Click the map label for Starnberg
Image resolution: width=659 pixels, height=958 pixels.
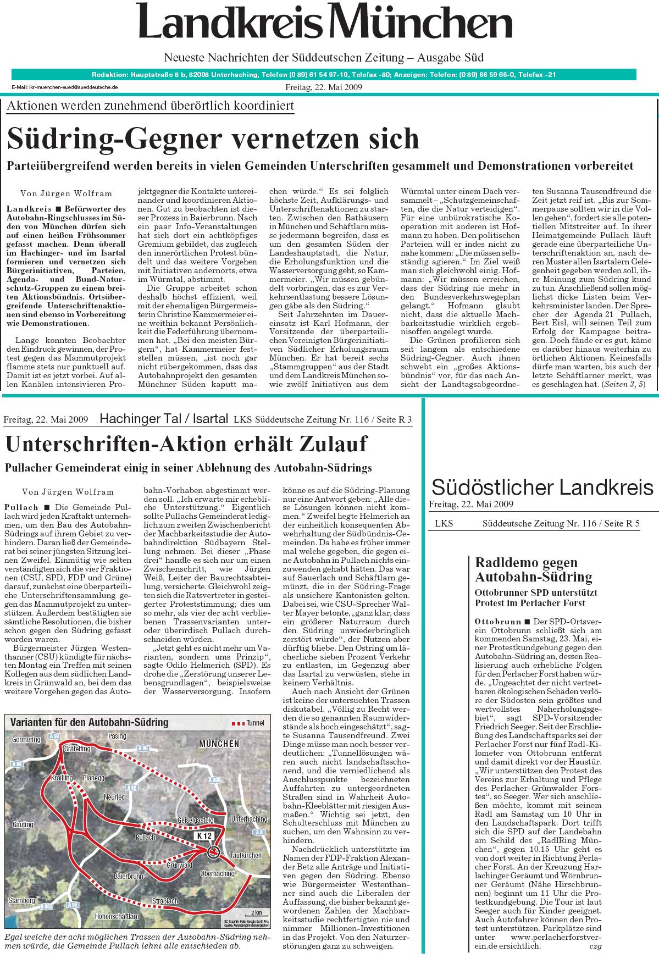pyautogui.click(x=22, y=900)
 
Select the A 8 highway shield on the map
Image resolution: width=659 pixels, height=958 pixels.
pyautogui.click(x=260, y=832)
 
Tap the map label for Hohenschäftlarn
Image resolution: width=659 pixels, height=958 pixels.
pyautogui.click(x=117, y=916)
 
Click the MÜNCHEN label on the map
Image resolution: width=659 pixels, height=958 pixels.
pyautogui.click(x=219, y=744)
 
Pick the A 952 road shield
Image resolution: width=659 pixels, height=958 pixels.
pyautogui.click(x=47, y=905)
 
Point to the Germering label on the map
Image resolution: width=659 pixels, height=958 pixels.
pyautogui.click(x=26, y=740)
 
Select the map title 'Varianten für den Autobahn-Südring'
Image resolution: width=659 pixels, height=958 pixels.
pyautogui.click(x=90, y=722)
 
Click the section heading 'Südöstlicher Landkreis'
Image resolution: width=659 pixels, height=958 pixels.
pyautogui.click(x=542, y=487)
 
